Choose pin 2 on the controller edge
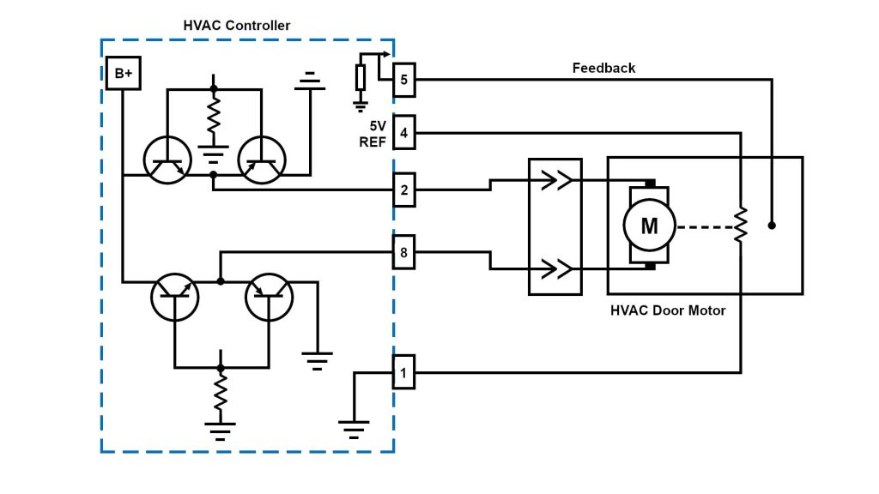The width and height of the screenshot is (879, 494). tap(404, 190)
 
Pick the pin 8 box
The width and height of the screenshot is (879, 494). tap(404, 252)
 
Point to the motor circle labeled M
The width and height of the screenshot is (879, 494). tap(649, 226)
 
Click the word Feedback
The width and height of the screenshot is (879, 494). tap(603, 68)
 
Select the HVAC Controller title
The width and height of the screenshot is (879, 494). tap(237, 26)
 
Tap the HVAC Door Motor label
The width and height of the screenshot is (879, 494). tap(668, 310)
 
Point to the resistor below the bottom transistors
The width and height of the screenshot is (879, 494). tap(221, 392)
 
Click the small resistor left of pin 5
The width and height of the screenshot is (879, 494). tap(361, 78)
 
